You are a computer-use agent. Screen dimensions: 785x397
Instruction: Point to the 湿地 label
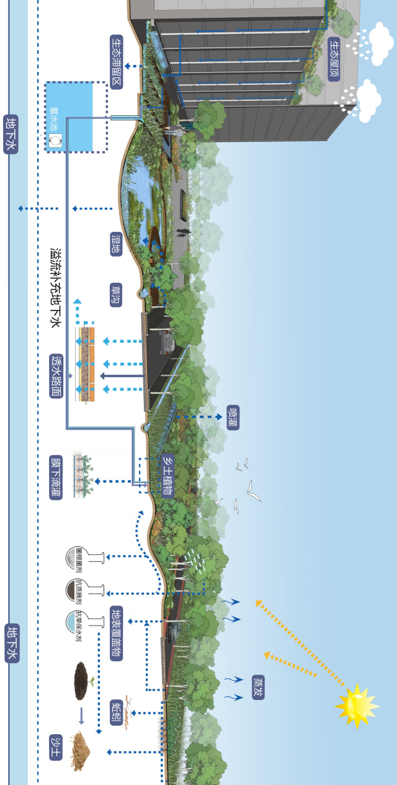(x=116, y=244)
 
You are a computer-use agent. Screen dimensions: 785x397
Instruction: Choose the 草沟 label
(x=116, y=296)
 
